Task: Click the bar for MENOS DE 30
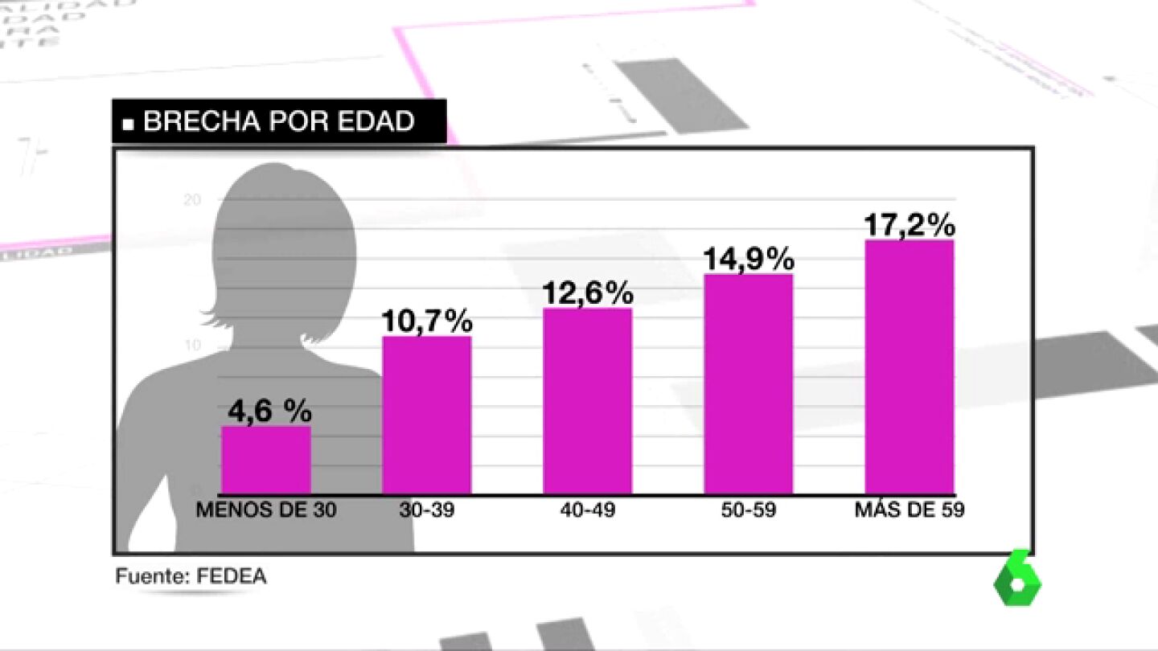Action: [x=266, y=460]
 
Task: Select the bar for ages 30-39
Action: [x=427, y=415]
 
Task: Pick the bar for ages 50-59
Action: [x=749, y=383]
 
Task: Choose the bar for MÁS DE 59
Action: [x=910, y=366]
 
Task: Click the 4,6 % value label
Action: [x=269, y=411]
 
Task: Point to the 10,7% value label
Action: [x=426, y=321]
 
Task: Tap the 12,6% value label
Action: [x=588, y=293]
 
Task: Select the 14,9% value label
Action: [x=749, y=260]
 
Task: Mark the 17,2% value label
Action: [x=910, y=225]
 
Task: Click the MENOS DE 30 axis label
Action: [x=266, y=510]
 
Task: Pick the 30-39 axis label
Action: [x=426, y=510]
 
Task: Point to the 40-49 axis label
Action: [x=587, y=510]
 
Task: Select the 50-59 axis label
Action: [x=748, y=510]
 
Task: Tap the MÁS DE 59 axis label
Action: [x=910, y=510]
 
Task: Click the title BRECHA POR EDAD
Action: [x=278, y=121]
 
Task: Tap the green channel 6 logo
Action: [x=1017, y=579]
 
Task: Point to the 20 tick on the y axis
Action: [x=192, y=200]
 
